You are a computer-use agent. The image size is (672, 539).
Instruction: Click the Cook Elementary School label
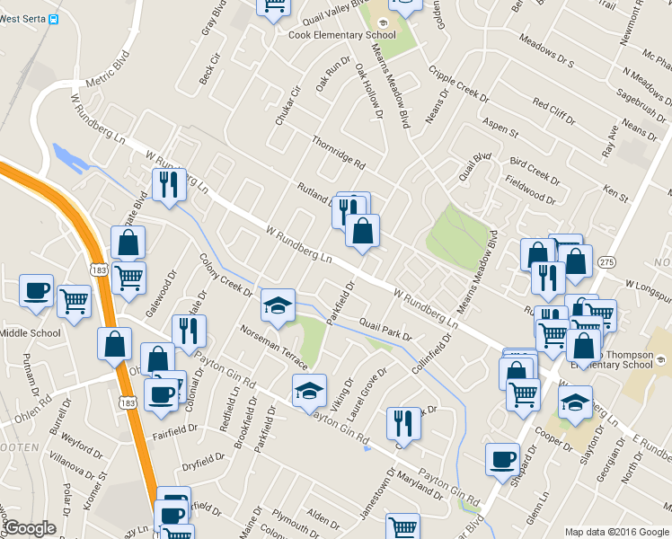[x=341, y=35]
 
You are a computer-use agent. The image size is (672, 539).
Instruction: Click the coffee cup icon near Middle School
[x=37, y=293]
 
